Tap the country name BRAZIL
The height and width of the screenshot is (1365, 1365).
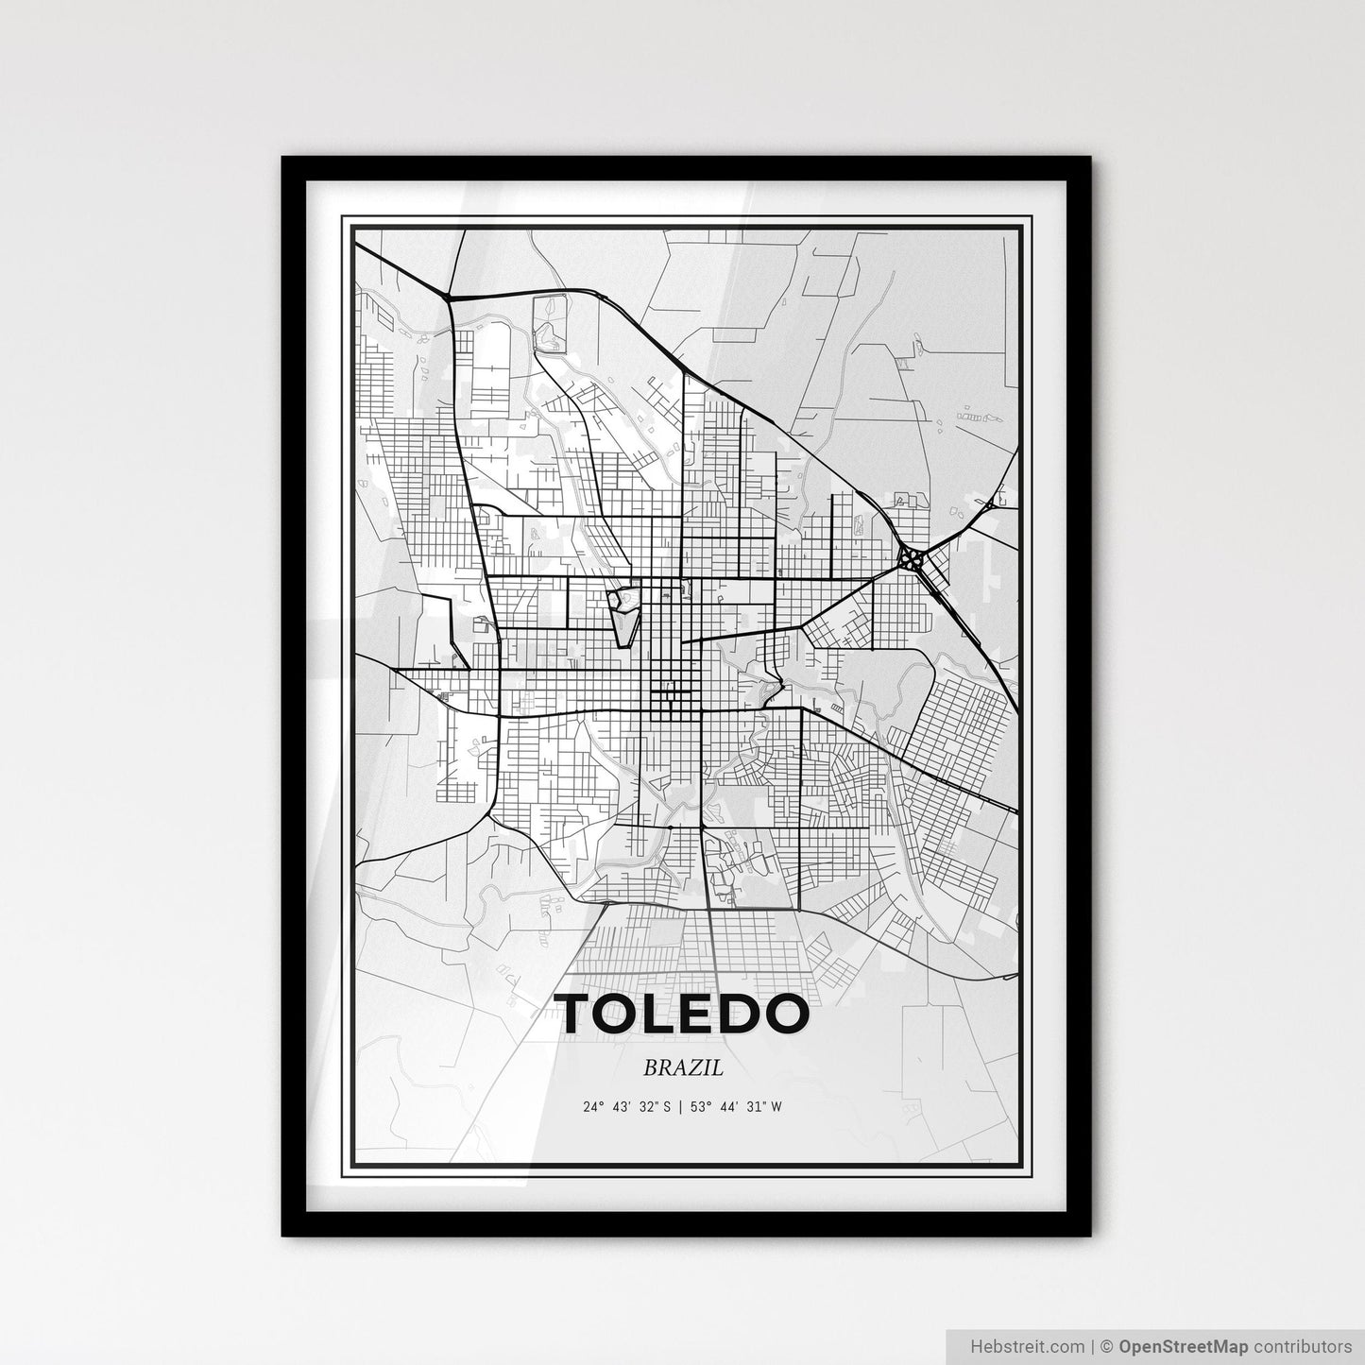pos(683,1068)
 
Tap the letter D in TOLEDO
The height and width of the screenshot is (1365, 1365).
pos(742,1015)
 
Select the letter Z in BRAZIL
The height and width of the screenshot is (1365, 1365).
pos(699,1068)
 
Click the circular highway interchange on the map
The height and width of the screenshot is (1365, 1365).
pos(913,558)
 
